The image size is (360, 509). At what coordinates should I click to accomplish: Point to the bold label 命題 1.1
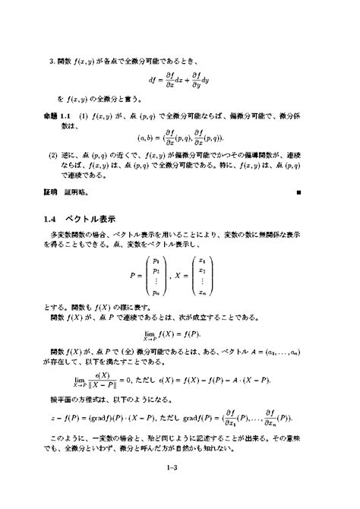tap(57, 115)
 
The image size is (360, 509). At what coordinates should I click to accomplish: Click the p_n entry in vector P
tap(156, 292)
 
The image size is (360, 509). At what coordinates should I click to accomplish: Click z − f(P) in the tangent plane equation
tap(71, 419)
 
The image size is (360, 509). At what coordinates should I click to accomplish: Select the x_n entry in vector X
tap(201, 292)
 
